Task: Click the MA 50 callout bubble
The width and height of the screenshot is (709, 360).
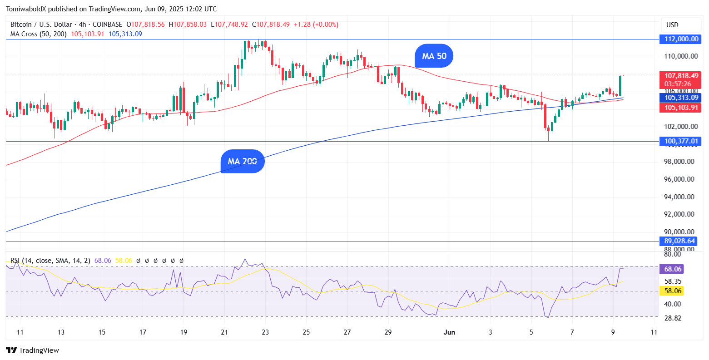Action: click(x=434, y=56)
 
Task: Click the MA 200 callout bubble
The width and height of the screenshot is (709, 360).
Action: click(x=242, y=161)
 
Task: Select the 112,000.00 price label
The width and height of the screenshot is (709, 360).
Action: click(x=681, y=39)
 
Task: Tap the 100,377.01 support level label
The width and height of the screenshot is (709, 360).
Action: click(x=681, y=142)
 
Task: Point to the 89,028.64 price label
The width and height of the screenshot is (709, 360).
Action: click(x=679, y=241)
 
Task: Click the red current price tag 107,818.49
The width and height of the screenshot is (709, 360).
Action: click(x=681, y=76)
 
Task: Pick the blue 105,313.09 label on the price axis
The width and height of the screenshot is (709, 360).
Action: click(x=681, y=98)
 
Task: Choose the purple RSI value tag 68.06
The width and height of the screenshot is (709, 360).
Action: click(x=673, y=269)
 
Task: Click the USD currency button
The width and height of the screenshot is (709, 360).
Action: click(x=672, y=25)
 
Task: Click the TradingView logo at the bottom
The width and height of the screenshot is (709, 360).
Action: click(x=32, y=350)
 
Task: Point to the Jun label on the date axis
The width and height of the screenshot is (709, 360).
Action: click(x=449, y=332)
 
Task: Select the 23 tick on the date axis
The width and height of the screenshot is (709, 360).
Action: click(x=265, y=332)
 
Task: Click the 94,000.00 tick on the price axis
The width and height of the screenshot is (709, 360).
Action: click(x=679, y=197)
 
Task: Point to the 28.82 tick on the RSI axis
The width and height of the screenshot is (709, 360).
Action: click(x=672, y=318)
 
